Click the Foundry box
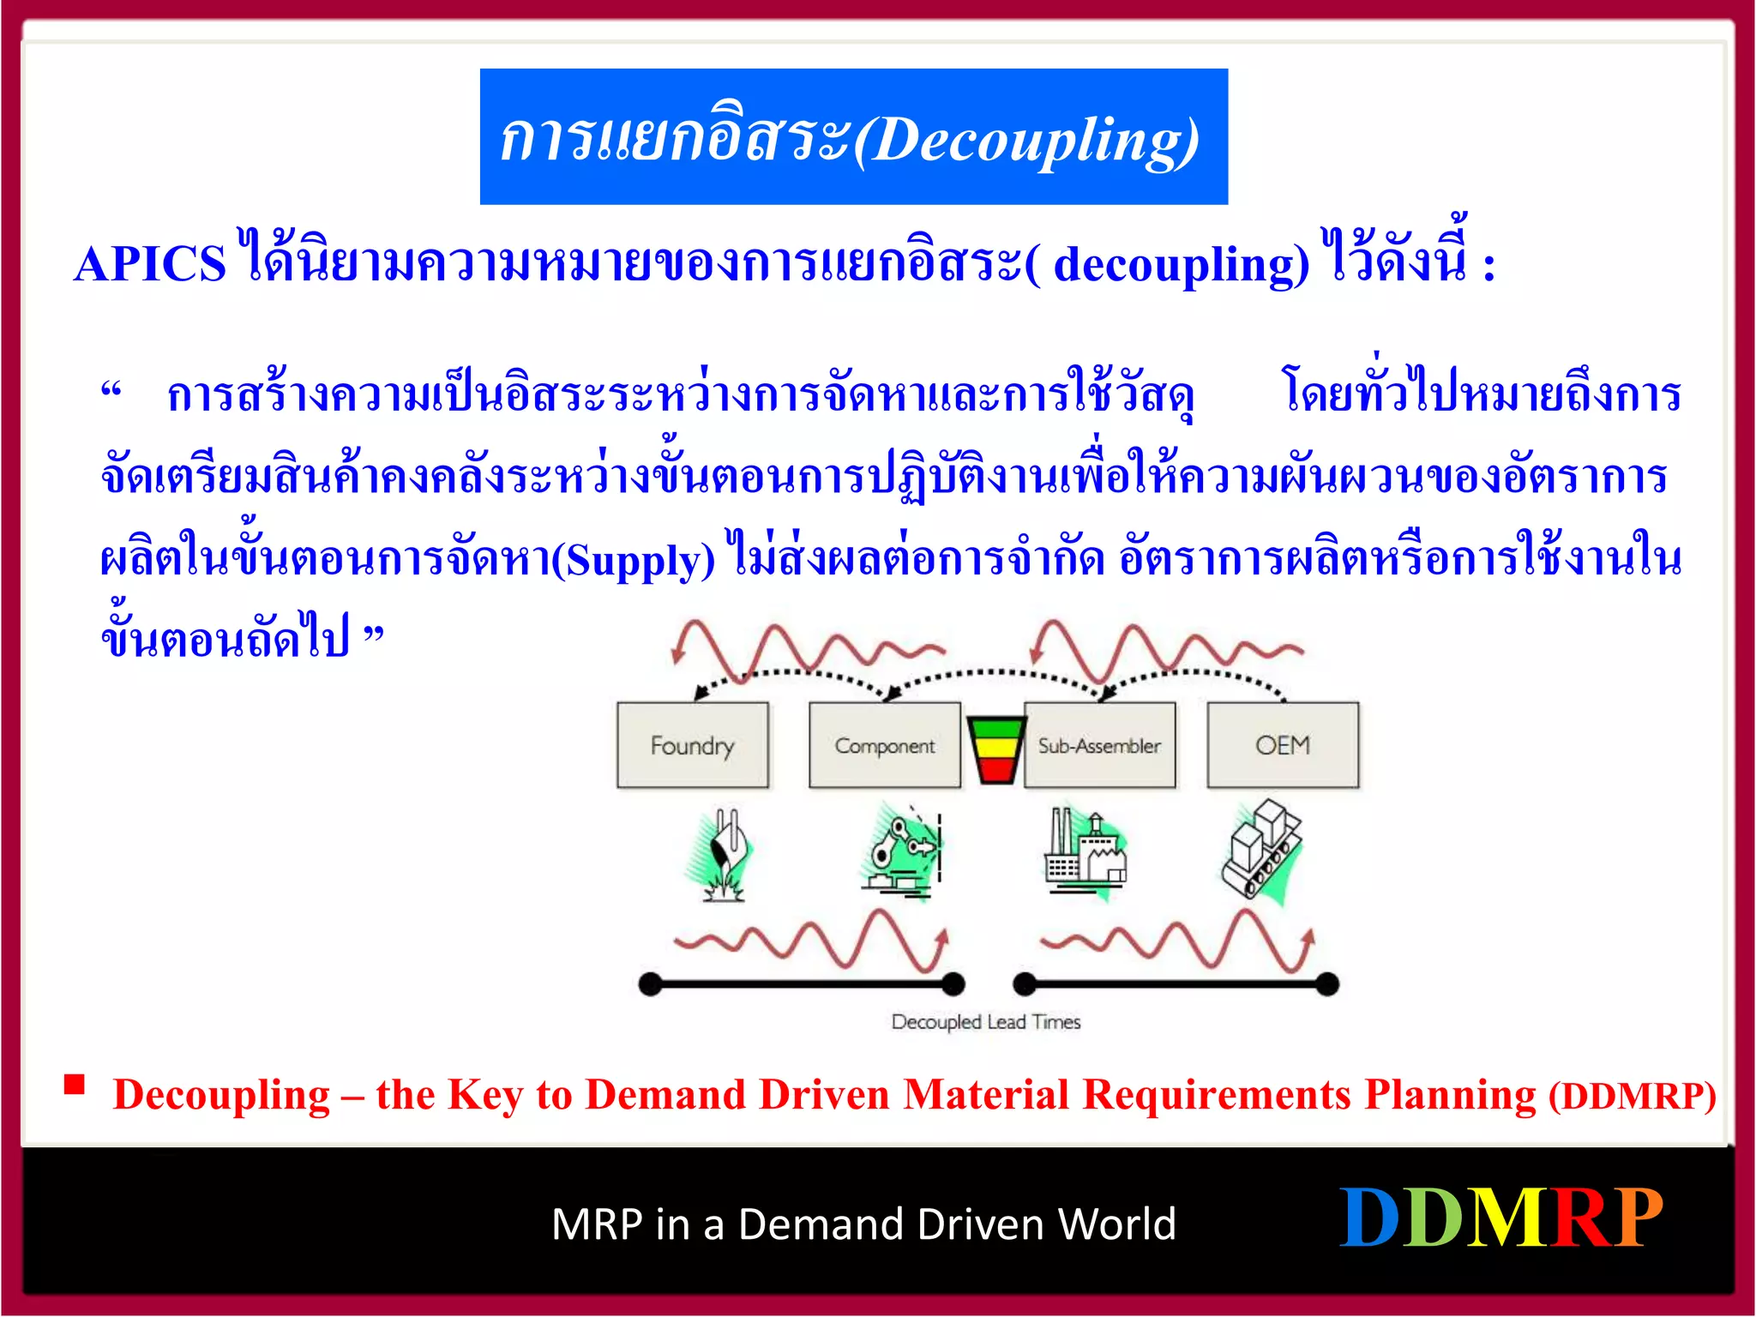692,745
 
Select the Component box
884,745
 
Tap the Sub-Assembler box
1099,745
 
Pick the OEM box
1283,745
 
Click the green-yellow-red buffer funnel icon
995,749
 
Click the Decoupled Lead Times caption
985,1021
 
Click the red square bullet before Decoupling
75,1085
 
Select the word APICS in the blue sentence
150,263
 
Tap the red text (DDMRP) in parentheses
1632,1096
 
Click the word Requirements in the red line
1217,1096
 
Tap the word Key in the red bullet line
484,1096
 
